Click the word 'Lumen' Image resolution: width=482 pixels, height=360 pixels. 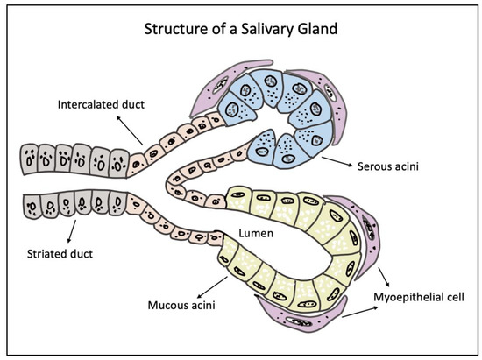tap(254, 234)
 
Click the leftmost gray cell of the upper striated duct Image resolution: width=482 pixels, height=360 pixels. tap(30, 160)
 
